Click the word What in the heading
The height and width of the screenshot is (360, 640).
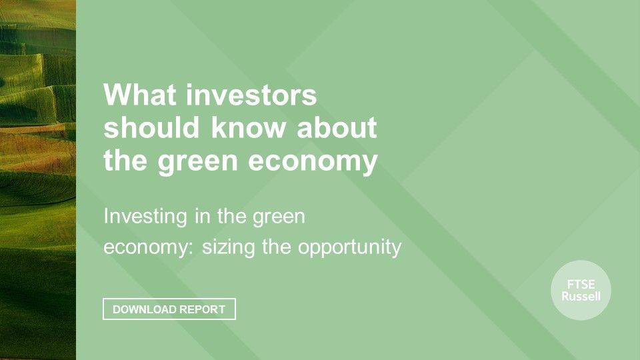[139, 95]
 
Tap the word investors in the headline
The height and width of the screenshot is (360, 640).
[251, 95]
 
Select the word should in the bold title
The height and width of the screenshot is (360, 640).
[151, 127]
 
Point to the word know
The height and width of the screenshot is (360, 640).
[248, 127]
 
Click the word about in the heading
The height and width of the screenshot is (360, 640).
[337, 127]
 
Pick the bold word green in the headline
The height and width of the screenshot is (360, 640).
[197, 161]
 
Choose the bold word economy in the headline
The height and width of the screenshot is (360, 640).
[313, 161]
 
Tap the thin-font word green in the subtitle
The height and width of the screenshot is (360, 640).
[279, 217]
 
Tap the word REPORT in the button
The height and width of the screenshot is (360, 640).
[202, 309]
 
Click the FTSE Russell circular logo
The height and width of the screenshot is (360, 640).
[581, 290]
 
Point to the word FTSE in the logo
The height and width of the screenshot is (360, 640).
[581, 285]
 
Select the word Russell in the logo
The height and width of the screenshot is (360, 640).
[581, 296]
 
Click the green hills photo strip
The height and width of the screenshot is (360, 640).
[38, 180]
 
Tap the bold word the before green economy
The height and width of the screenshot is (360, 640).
[125, 160]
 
